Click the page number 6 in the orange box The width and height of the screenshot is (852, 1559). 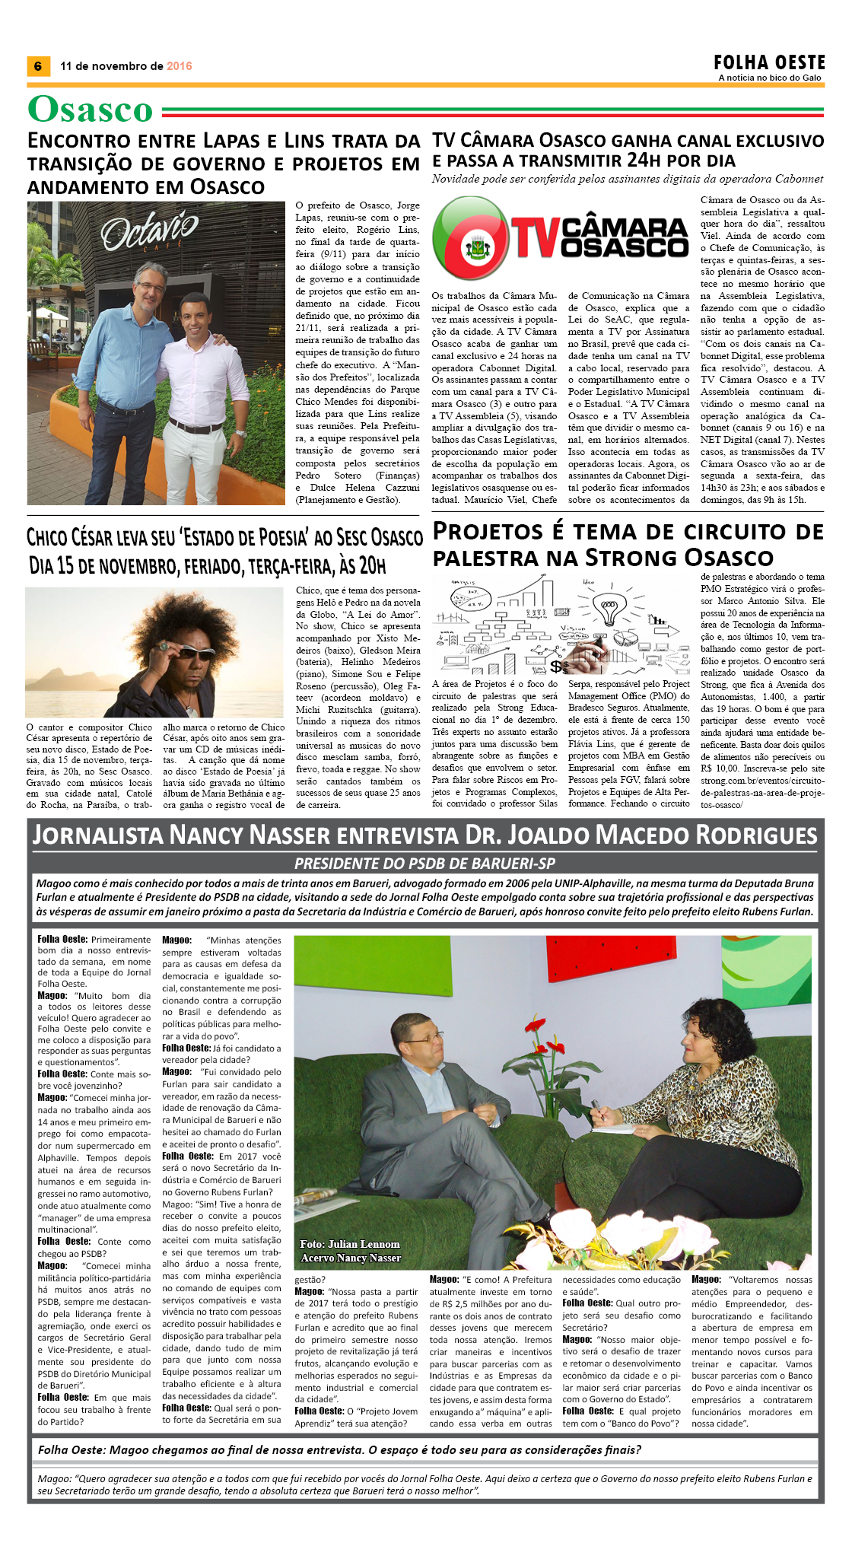pyautogui.click(x=37, y=66)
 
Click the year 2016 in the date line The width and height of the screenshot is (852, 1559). pyautogui.click(x=180, y=66)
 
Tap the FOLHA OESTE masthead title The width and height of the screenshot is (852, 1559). pyautogui.click(x=769, y=62)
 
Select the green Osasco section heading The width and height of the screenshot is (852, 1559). pyautogui.click(x=91, y=110)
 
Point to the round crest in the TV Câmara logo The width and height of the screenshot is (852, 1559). pyautogui.click(x=478, y=245)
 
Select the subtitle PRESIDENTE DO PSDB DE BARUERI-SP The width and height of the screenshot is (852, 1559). pyautogui.click(x=424, y=864)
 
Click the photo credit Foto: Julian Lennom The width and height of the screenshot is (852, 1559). pyautogui.click(x=350, y=1244)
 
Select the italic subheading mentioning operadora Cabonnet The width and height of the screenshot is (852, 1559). pyautogui.click(x=628, y=180)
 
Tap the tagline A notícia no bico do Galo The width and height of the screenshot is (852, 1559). pyautogui.click(x=770, y=78)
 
